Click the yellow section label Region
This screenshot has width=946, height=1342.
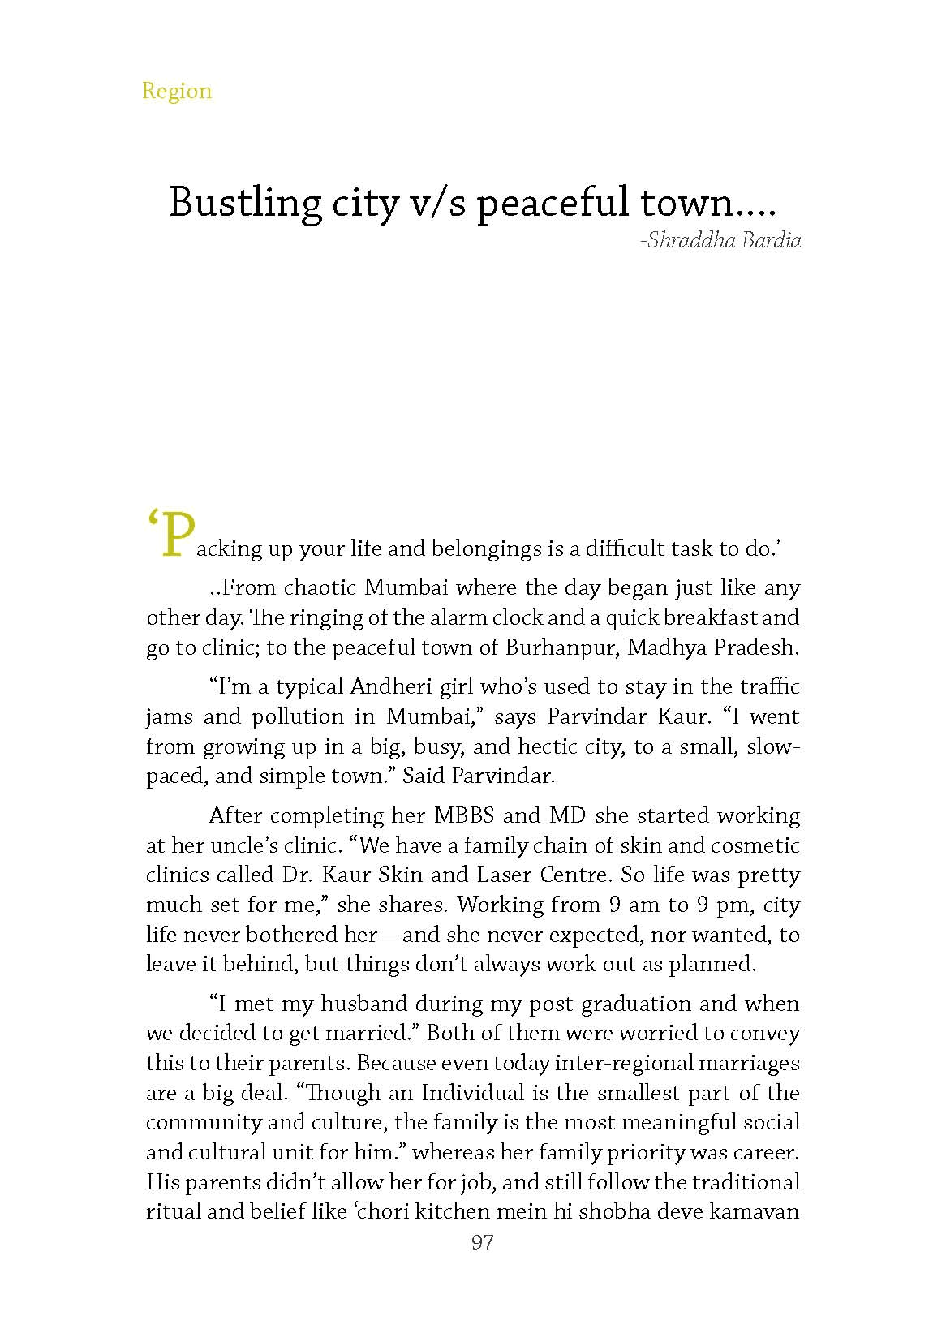click(x=176, y=90)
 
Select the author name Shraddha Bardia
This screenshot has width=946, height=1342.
click(x=724, y=241)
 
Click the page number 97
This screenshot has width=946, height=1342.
click(x=482, y=1242)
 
